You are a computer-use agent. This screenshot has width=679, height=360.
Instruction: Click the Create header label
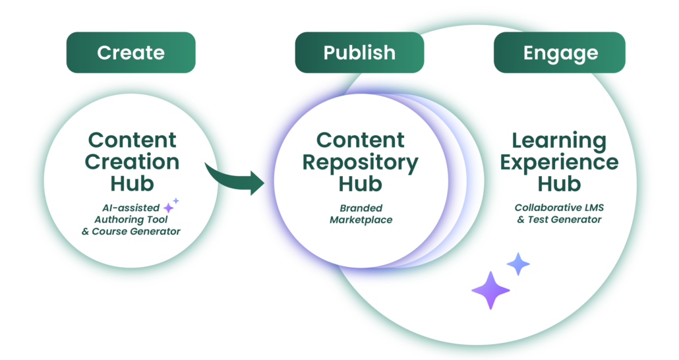131,53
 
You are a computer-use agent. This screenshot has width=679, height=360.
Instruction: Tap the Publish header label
359,53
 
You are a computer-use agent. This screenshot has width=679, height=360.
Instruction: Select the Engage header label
560,53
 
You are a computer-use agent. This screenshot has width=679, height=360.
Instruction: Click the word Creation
133,162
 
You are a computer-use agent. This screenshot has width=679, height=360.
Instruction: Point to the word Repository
360,162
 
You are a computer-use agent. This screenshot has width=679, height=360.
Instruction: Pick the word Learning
559,140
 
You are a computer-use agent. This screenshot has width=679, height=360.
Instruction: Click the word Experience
559,162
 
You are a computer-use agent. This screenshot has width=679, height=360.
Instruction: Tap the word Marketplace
361,220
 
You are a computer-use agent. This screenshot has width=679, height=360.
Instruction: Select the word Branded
361,208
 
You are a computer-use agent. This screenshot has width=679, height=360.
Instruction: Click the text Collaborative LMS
559,208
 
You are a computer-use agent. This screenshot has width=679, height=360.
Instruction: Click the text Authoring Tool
131,220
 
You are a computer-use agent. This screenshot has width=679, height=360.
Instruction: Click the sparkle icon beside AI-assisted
170,206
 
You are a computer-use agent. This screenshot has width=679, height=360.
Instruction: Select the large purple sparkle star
490,290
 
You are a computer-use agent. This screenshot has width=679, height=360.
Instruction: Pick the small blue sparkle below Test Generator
518,264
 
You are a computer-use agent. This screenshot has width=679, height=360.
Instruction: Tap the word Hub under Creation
133,183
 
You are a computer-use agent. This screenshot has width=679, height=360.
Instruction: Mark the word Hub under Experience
559,183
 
